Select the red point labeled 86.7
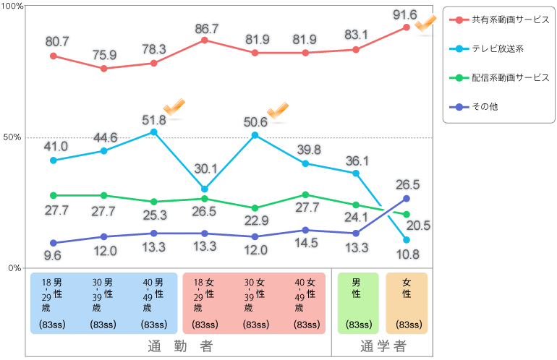205,40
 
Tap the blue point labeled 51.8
154,132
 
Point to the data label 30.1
205,169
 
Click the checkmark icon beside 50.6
278,110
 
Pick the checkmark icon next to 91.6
425,23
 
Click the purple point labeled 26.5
407,198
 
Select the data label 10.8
407,254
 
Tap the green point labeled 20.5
407,215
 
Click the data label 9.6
52,255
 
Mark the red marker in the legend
459,20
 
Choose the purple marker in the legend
459,107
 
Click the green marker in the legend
459,78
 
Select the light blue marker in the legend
459,49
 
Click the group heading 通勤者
179,346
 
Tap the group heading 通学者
383,346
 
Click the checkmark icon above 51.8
174,108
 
